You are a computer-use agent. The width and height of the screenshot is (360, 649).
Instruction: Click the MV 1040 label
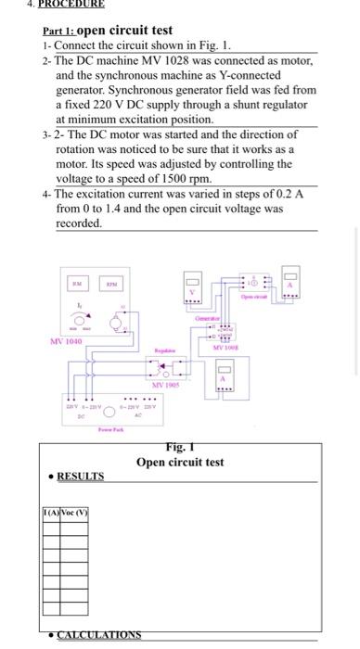coord(66,341)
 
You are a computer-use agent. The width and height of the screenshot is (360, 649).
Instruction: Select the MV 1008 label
coord(227,348)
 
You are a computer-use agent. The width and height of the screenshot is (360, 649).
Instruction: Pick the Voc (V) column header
coord(72,513)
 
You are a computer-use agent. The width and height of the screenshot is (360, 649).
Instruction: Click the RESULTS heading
coord(80,476)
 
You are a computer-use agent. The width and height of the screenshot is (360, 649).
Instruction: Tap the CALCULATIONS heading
coord(98,634)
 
